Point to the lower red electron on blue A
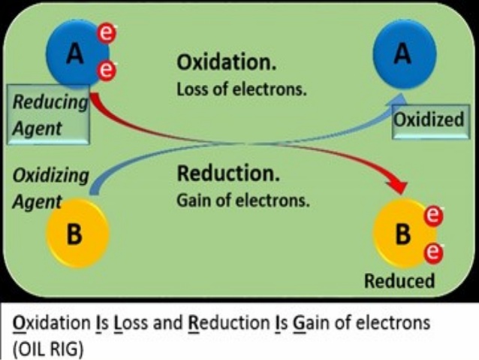108,71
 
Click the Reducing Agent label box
50,115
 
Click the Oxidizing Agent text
50,188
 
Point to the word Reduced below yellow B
399,281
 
